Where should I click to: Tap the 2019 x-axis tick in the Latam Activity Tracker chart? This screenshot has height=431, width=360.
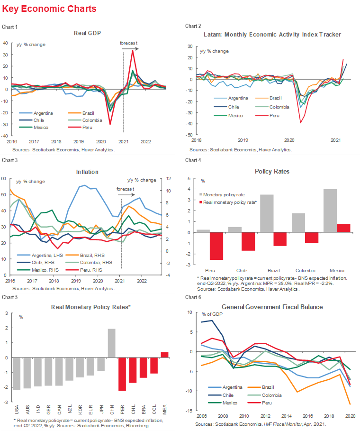(x=243, y=140)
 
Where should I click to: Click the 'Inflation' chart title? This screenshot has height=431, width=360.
(x=87, y=172)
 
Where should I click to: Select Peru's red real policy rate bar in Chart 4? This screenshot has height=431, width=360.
(x=203, y=246)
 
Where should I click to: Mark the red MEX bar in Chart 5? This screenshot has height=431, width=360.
(x=164, y=355)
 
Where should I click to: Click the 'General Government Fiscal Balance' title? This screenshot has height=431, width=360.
(x=272, y=307)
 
